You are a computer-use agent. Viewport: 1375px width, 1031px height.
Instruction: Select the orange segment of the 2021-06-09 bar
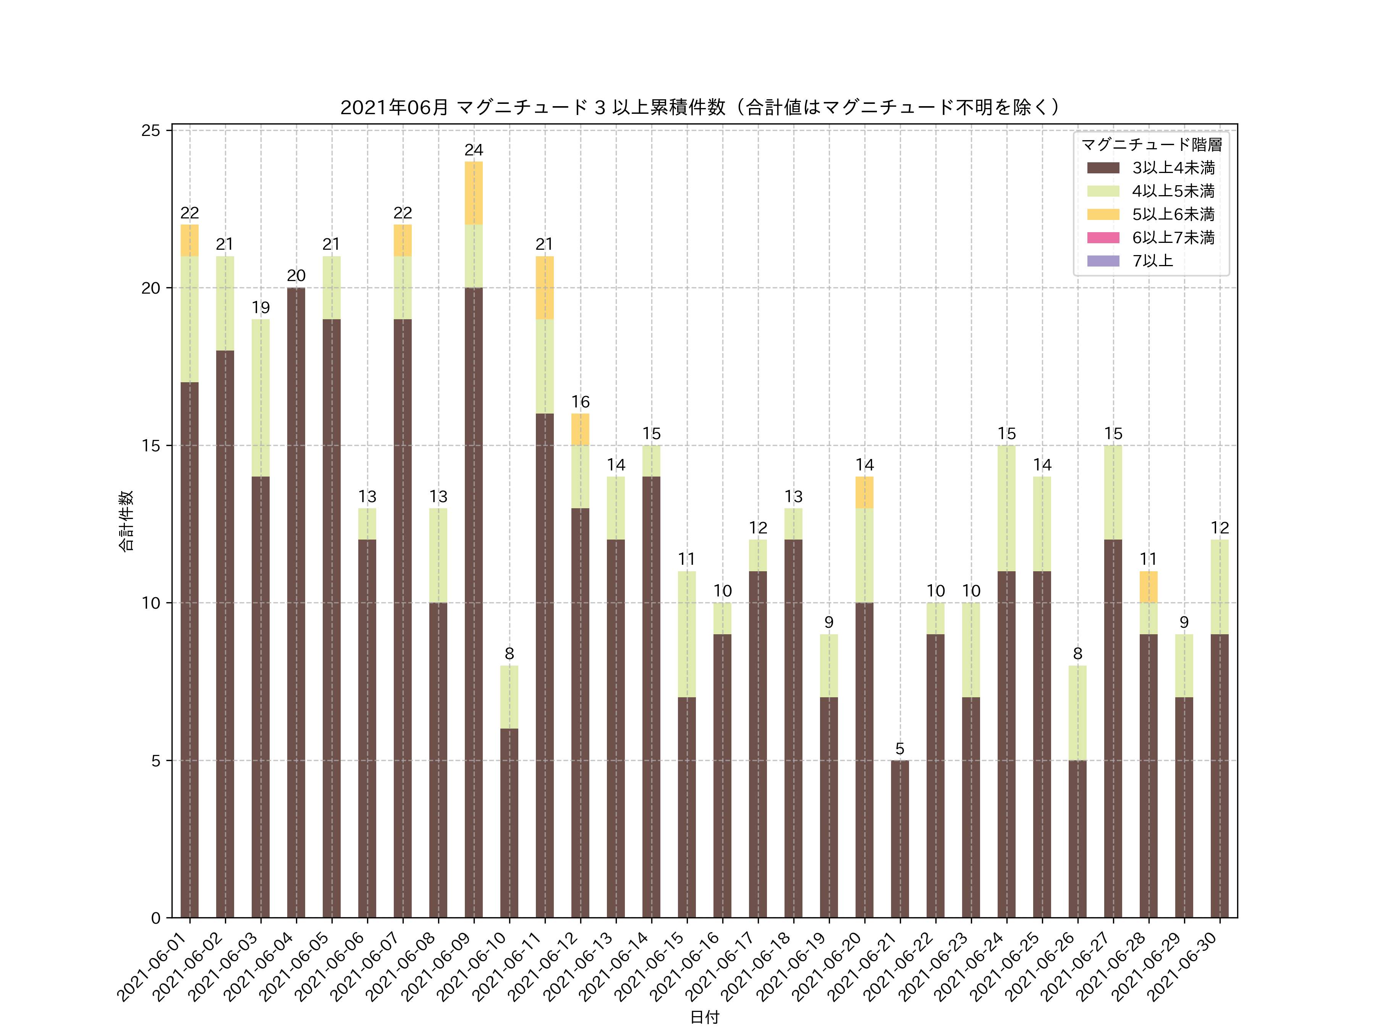(474, 193)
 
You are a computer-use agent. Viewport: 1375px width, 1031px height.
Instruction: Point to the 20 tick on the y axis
(150, 288)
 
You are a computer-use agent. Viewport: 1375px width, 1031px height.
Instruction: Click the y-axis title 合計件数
(126, 521)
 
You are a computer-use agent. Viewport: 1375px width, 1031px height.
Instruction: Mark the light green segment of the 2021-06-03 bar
(260, 398)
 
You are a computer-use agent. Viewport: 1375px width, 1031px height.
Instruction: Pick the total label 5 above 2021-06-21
(899, 749)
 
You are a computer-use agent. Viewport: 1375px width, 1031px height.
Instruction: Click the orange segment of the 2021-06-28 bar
(1148, 587)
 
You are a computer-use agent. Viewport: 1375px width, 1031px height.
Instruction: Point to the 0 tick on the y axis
(155, 918)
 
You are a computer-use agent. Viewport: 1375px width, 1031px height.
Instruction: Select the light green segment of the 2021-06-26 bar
(1077, 713)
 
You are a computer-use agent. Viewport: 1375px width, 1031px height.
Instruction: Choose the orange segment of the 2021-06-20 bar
(864, 492)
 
